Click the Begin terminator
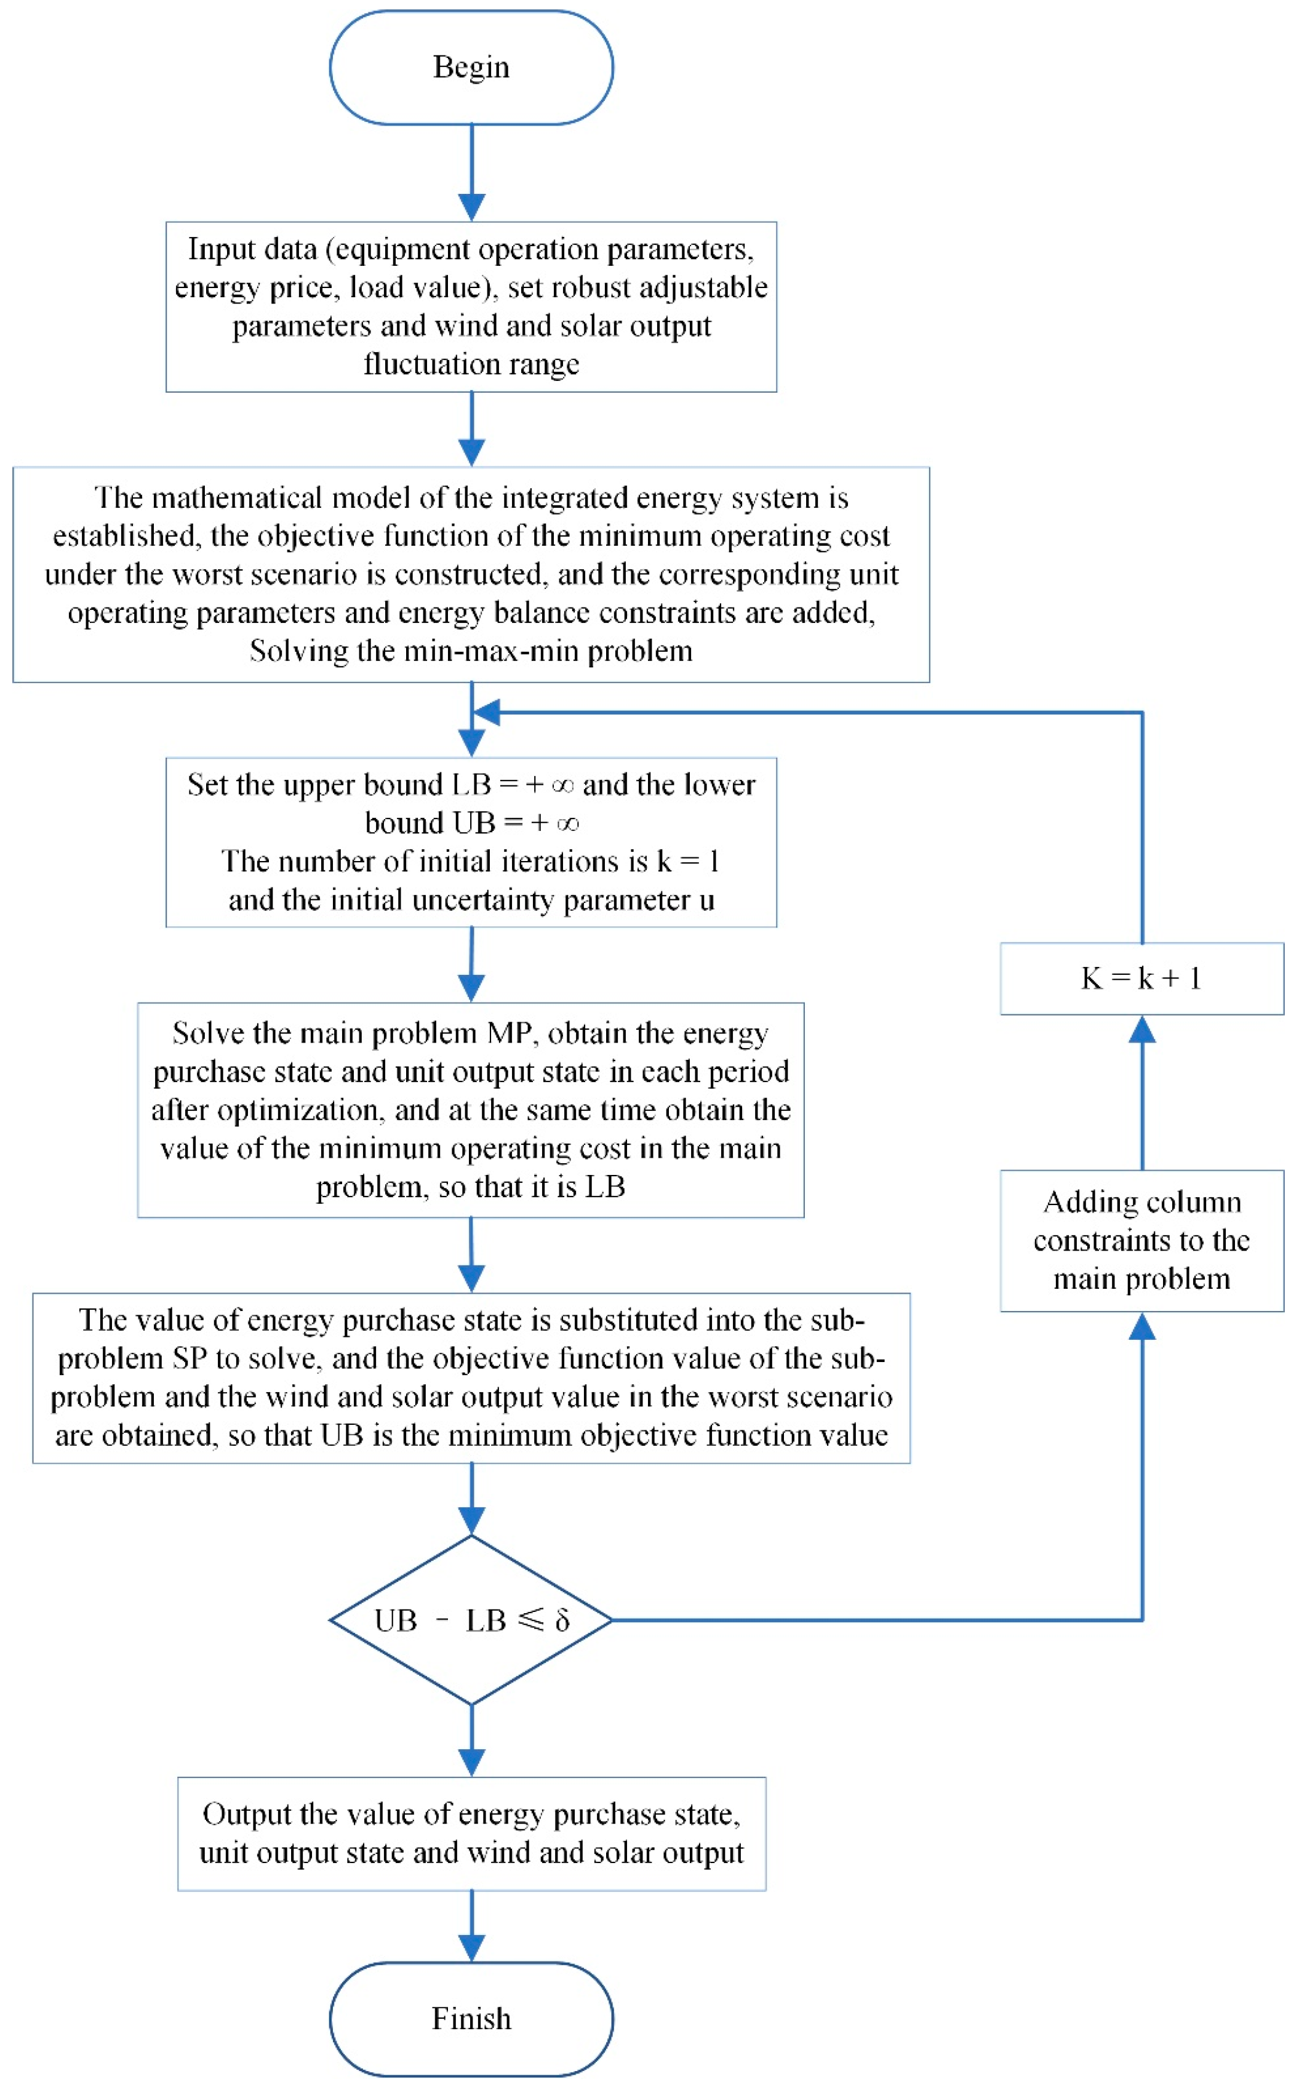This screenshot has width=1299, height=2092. point(471,67)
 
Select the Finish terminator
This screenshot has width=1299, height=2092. point(471,2018)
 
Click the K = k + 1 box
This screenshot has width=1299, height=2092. point(1141,978)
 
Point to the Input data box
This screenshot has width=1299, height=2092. point(471,307)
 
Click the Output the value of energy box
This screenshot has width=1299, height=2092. point(471,1834)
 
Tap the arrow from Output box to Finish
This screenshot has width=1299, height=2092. point(471,1925)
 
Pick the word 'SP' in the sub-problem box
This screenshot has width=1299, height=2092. point(190,1358)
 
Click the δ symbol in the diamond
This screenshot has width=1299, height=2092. point(562,1621)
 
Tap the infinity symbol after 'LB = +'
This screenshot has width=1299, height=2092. point(562,785)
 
